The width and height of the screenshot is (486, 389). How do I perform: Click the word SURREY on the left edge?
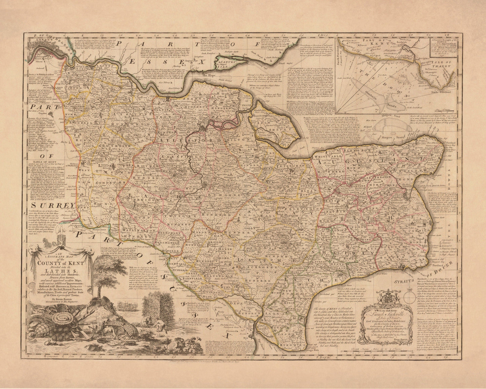[x=52, y=205]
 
